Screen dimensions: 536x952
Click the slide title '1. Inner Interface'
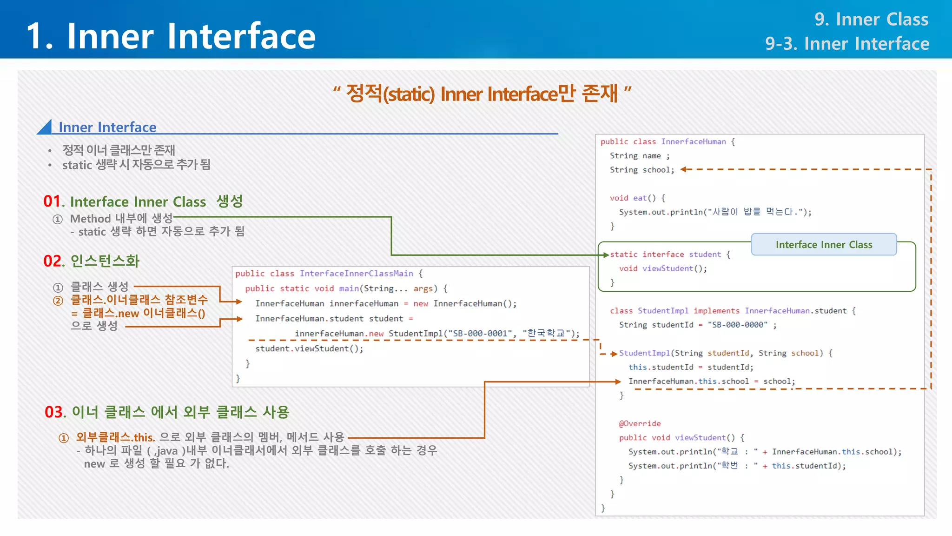[171, 36]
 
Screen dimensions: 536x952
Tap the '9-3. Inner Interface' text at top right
[847, 44]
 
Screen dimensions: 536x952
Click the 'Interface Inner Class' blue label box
[824, 245]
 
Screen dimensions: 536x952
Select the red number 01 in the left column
[52, 201]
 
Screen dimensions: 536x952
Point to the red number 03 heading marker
[53, 412]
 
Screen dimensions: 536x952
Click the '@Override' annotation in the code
[640, 423]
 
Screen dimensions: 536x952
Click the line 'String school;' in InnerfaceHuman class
[642, 170]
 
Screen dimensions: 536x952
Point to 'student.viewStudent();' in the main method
[309, 348]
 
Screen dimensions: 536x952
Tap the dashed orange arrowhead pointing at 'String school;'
[684, 169]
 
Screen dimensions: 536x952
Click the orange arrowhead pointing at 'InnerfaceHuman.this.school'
[618, 382]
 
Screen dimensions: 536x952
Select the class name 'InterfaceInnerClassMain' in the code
[356, 274]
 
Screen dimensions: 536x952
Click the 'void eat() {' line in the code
[637, 198]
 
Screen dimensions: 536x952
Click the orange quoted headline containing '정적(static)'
[482, 94]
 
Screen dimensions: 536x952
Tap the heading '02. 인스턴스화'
[92, 261]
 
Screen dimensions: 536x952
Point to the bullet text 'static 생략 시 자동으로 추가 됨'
[136, 165]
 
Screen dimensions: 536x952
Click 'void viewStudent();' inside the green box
[663, 268]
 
